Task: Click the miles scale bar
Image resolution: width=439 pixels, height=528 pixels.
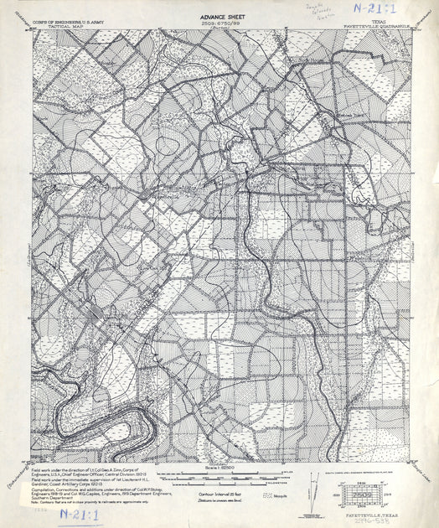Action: (x=222, y=474)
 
